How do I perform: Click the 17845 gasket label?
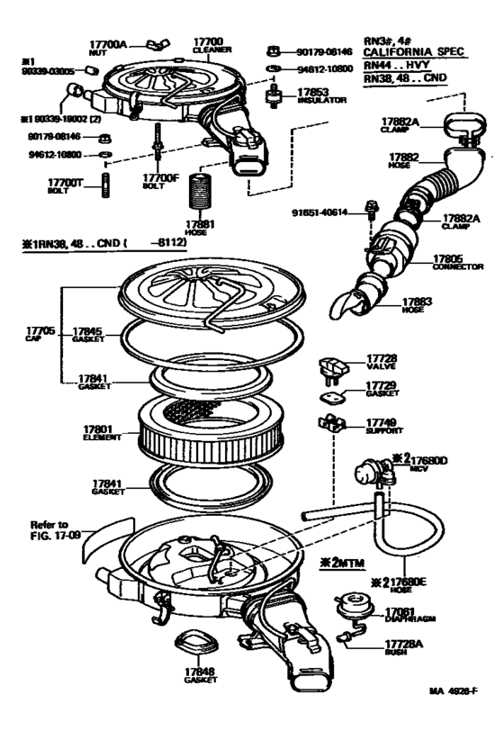88,334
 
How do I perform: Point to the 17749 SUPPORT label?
382,425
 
